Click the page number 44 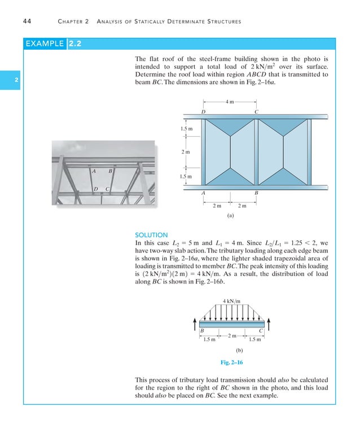pos(27,21)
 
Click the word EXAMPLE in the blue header pos(44,44)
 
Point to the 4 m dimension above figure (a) pos(230,102)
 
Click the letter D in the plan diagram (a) pos(203,112)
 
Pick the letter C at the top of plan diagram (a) pos(257,112)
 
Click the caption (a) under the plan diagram pos(230,215)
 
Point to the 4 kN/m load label pos(231,301)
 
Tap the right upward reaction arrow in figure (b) pos(270,321)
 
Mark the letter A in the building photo pos(94,171)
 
